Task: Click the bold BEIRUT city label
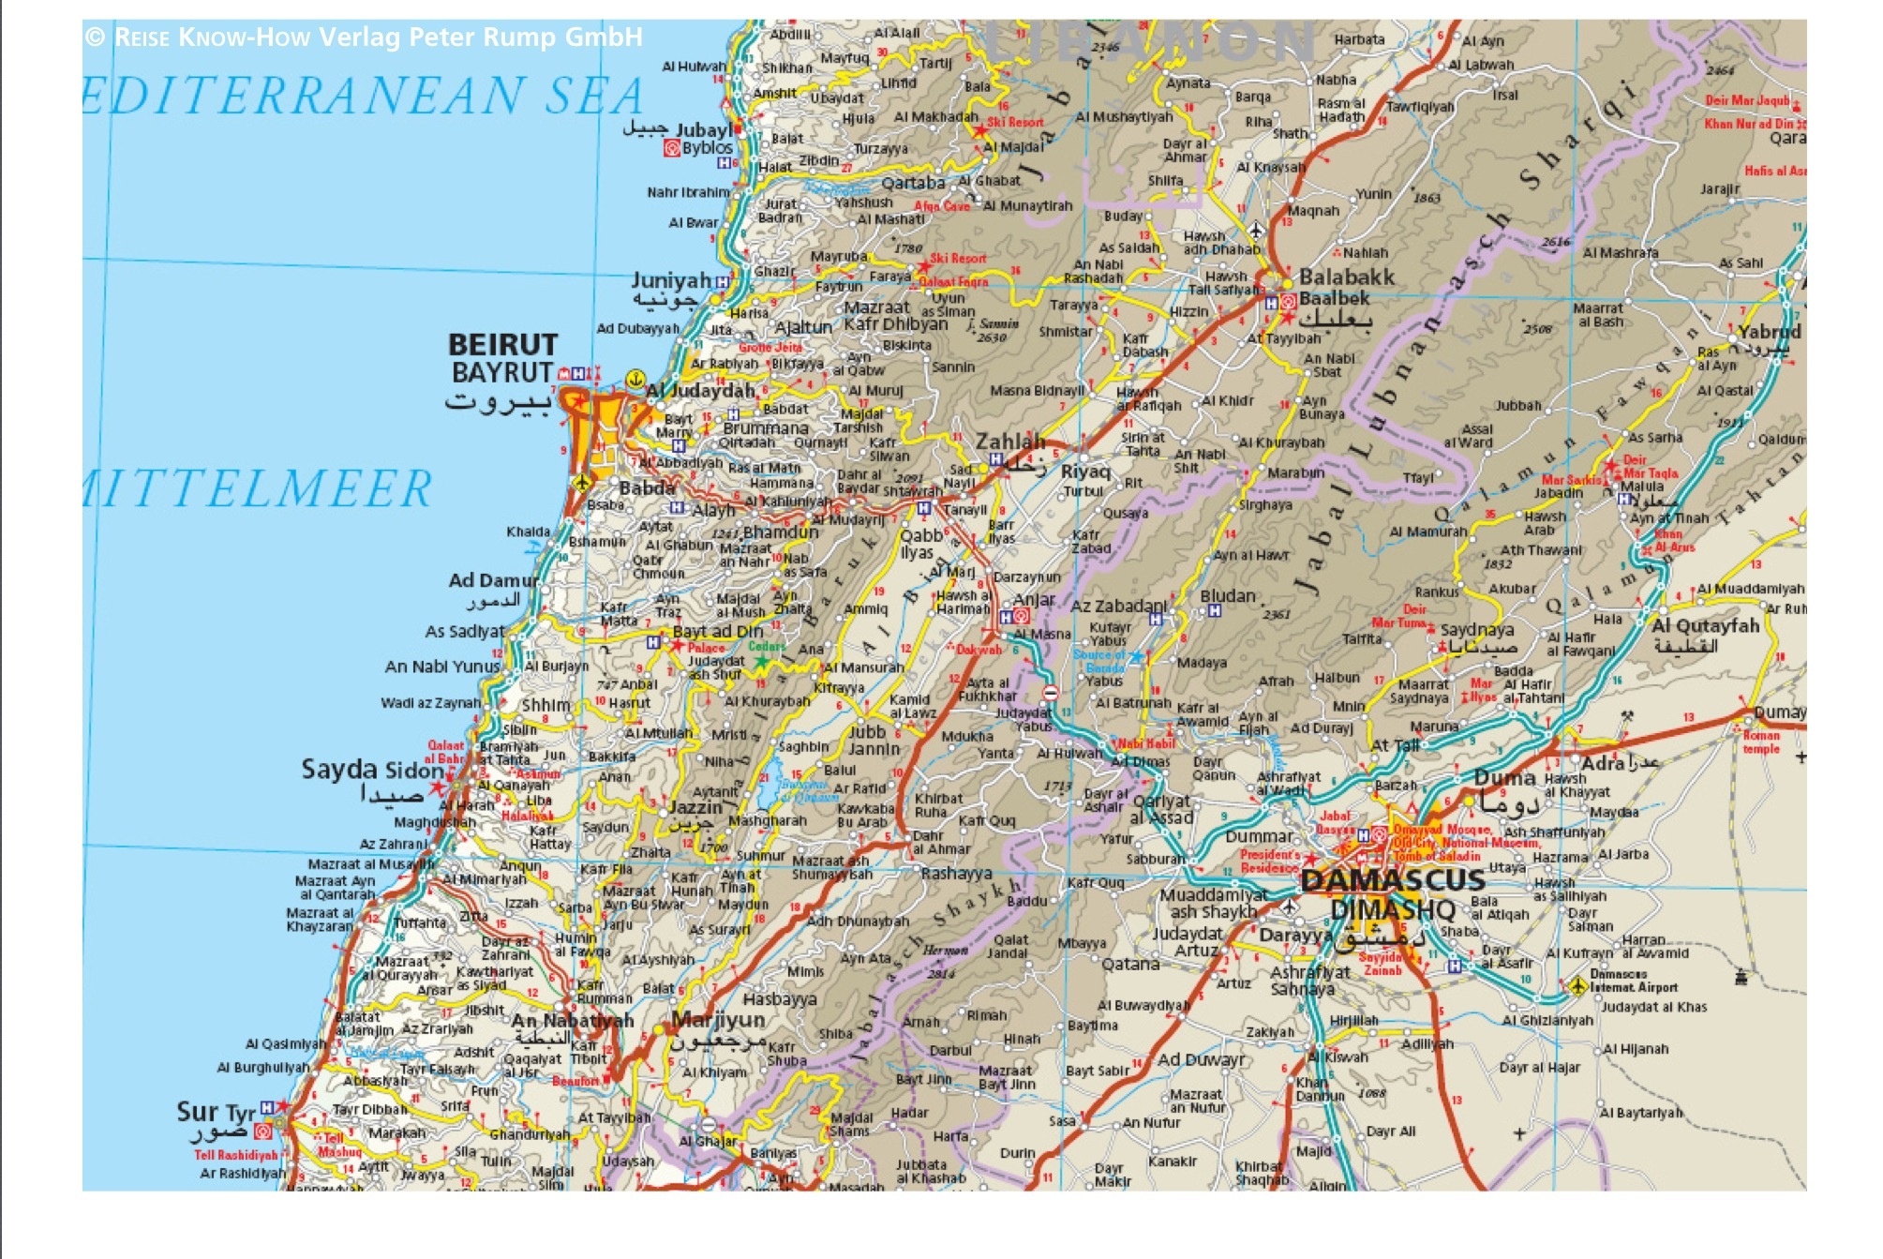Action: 502,345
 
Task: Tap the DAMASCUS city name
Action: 1393,880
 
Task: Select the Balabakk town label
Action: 1346,277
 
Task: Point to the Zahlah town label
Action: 1009,442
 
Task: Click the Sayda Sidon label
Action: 372,770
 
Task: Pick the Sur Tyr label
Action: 216,1112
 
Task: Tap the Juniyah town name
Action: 670,280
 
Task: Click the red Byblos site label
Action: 707,148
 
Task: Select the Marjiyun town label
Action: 718,1020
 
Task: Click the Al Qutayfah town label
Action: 1705,625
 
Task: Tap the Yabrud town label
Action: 1769,332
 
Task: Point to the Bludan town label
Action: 1227,596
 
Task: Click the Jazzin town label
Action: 695,807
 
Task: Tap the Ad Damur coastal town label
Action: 492,580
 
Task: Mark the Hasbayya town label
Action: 779,999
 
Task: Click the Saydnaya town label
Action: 1476,630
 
